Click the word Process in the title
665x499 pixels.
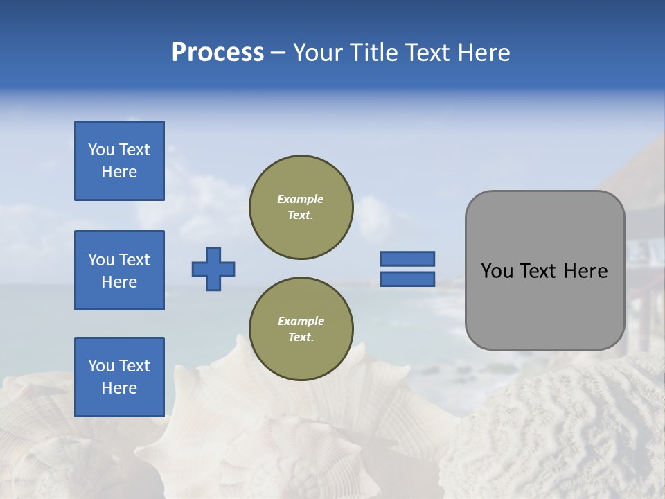(x=218, y=53)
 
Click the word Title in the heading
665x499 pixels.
(x=373, y=53)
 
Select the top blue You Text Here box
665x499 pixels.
(x=119, y=161)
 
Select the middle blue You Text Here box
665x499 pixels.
(x=119, y=270)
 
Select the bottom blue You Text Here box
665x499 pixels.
(x=119, y=377)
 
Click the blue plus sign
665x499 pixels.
(x=213, y=269)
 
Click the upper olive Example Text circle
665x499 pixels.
(x=301, y=207)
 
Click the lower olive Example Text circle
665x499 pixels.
(x=301, y=329)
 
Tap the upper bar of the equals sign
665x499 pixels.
(x=407, y=259)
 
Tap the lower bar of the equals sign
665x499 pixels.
(x=407, y=279)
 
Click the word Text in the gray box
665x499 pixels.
(x=542, y=271)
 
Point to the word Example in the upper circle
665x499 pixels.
(x=301, y=199)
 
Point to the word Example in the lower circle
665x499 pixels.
(x=301, y=321)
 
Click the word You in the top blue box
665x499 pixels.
(x=101, y=150)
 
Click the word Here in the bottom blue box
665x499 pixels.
(x=119, y=388)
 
